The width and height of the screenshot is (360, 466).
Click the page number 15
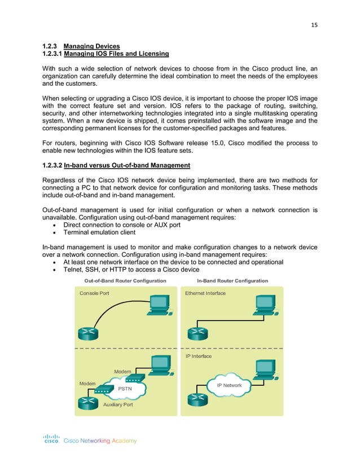click(314, 24)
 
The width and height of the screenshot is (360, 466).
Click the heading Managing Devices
click(91, 46)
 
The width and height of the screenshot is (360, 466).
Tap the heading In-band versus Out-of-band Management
click(127, 165)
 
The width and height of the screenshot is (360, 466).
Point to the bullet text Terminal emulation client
click(99, 232)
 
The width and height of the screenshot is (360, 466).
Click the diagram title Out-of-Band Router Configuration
click(125, 280)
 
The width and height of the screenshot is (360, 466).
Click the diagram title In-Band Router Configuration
click(232, 280)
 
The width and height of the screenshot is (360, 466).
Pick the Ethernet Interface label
click(205, 293)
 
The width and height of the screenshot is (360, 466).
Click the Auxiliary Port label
click(118, 405)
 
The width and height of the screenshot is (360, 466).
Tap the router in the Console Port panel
click(87, 333)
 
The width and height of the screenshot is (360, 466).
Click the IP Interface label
click(199, 357)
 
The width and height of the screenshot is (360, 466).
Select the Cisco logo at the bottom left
click(52, 439)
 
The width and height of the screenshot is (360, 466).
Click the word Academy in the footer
click(124, 441)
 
